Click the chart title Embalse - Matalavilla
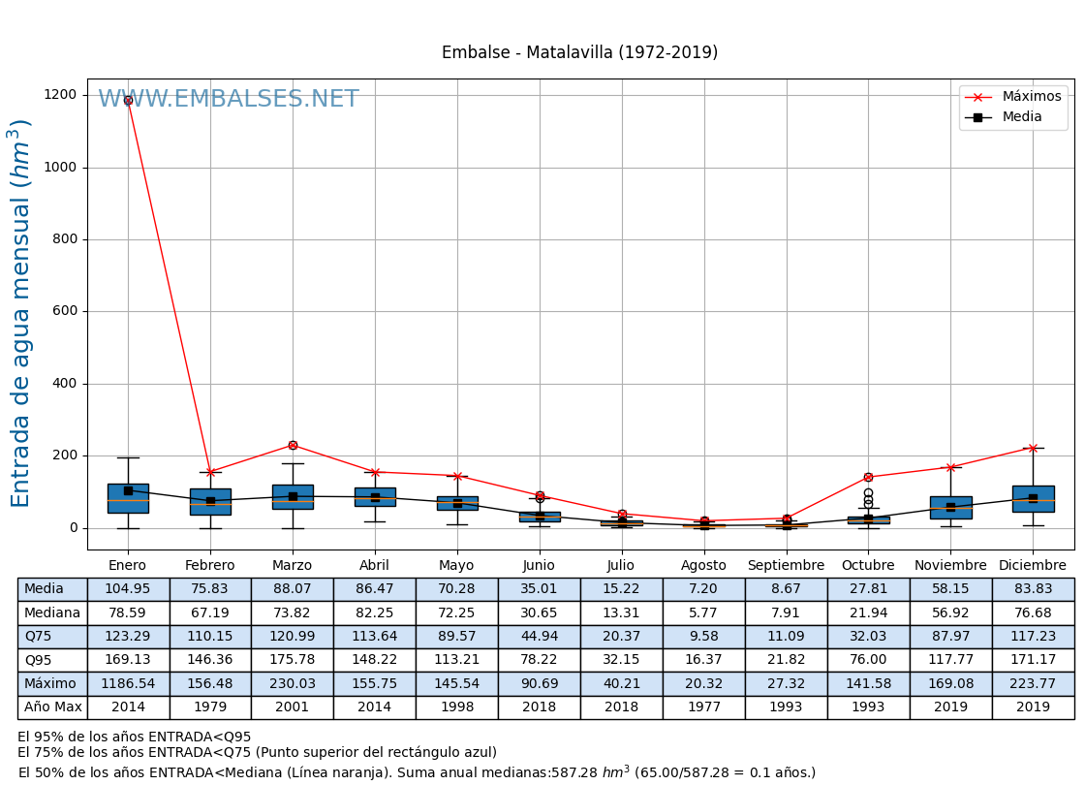[579, 52]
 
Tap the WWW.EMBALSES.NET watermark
[229, 99]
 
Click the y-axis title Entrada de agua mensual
[21, 312]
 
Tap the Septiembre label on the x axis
[786, 565]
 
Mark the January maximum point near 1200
[128, 100]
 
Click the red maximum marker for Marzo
[293, 445]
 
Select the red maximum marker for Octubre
[868, 477]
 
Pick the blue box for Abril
[375, 496]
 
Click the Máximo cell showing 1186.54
[128, 683]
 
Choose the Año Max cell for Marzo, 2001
[293, 707]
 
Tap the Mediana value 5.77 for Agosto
[703, 612]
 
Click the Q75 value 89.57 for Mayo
[456, 636]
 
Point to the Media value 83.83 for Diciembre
[1033, 589]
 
